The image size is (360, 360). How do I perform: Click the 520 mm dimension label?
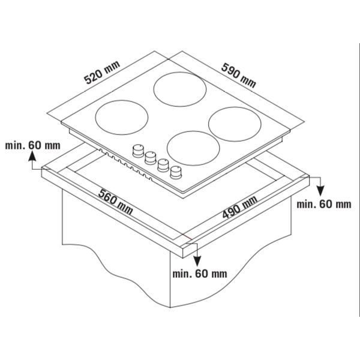pyautogui.click(x=102, y=73)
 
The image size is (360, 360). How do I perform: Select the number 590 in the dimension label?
pyautogui.click(x=231, y=71)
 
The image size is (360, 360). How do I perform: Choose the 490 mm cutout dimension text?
pyautogui.click(x=239, y=207)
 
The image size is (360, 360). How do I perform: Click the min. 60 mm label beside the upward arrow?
pyautogui.click(x=32, y=145)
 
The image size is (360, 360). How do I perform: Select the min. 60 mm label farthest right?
pyautogui.click(x=324, y=204)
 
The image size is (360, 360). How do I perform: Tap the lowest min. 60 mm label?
pyautogui.click(x=200, y=274)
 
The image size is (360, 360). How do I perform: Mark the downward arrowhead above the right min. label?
pyautogui.click(x=320, y=191)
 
